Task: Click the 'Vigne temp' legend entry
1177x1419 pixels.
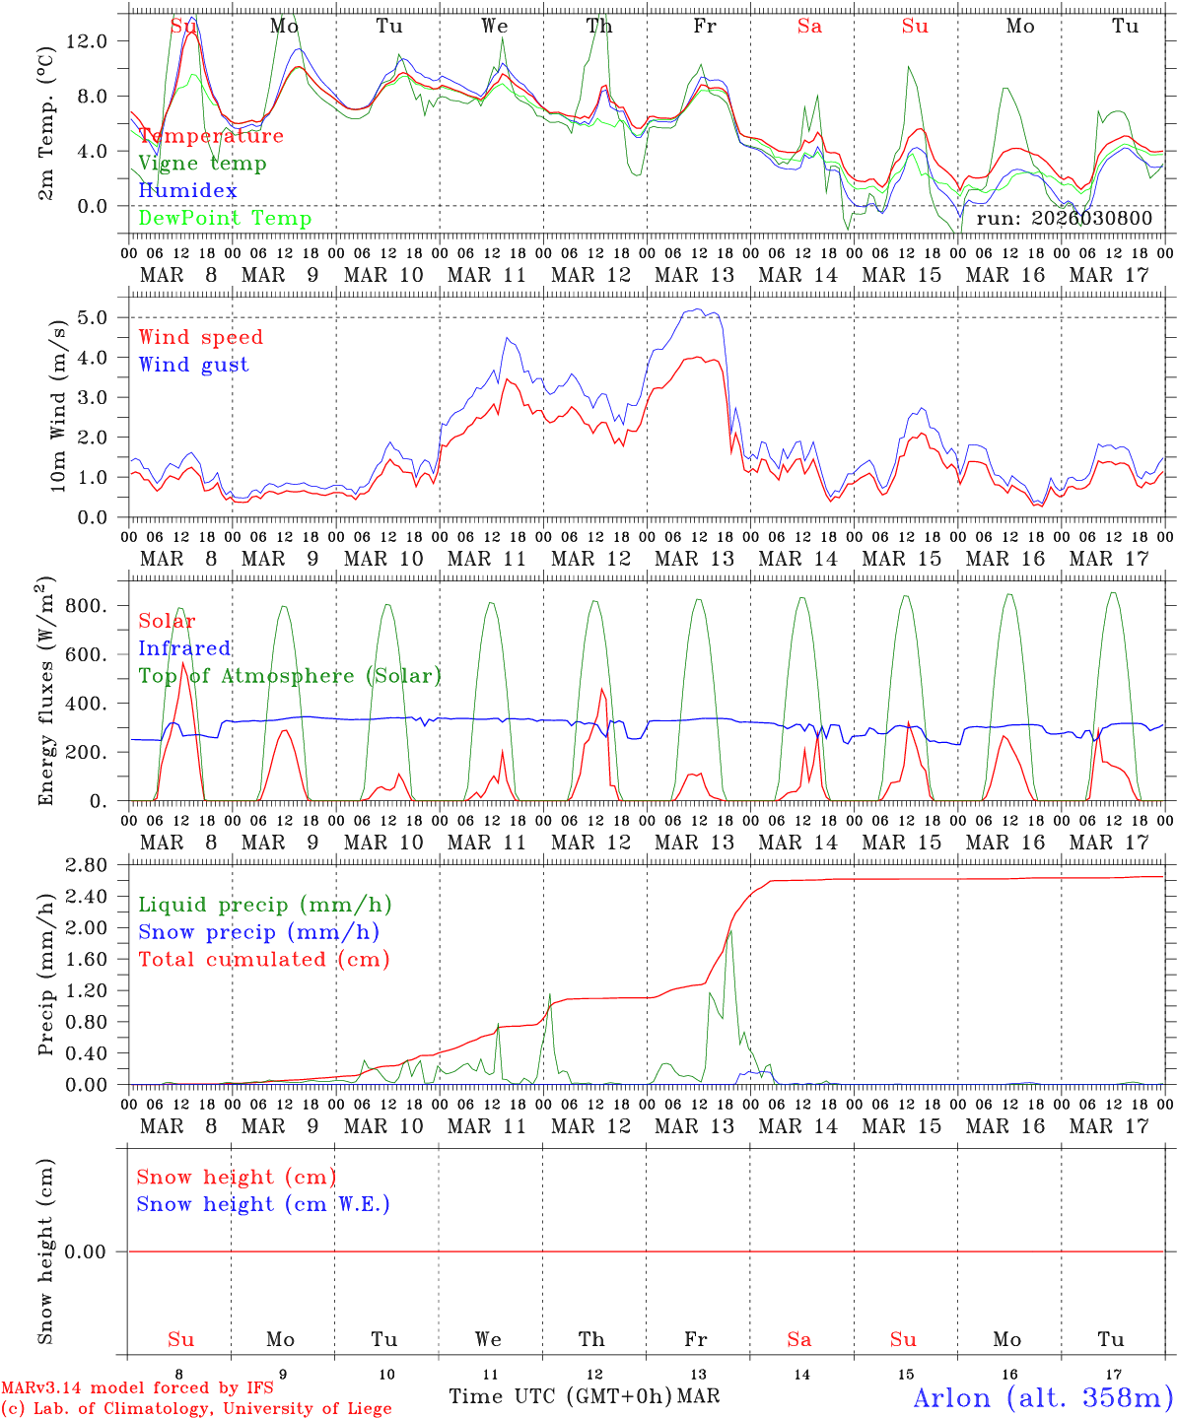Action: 202,164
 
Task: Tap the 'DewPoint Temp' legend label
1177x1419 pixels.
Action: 225,219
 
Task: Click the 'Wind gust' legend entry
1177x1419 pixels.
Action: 193,365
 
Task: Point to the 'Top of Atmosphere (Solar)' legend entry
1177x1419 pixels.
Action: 289,676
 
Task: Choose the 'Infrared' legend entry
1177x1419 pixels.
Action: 184,648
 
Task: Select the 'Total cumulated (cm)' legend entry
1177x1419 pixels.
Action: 263,960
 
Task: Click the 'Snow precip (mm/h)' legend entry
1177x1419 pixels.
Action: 258,932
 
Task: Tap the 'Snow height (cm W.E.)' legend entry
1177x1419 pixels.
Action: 263,1204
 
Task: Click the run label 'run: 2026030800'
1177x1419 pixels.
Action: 1064,219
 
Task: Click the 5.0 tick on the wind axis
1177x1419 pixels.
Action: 98,317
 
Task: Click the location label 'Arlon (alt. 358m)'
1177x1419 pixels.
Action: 1043,1396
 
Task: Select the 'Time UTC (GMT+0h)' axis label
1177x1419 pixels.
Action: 560,1396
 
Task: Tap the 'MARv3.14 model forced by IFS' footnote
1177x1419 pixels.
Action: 137,1388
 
